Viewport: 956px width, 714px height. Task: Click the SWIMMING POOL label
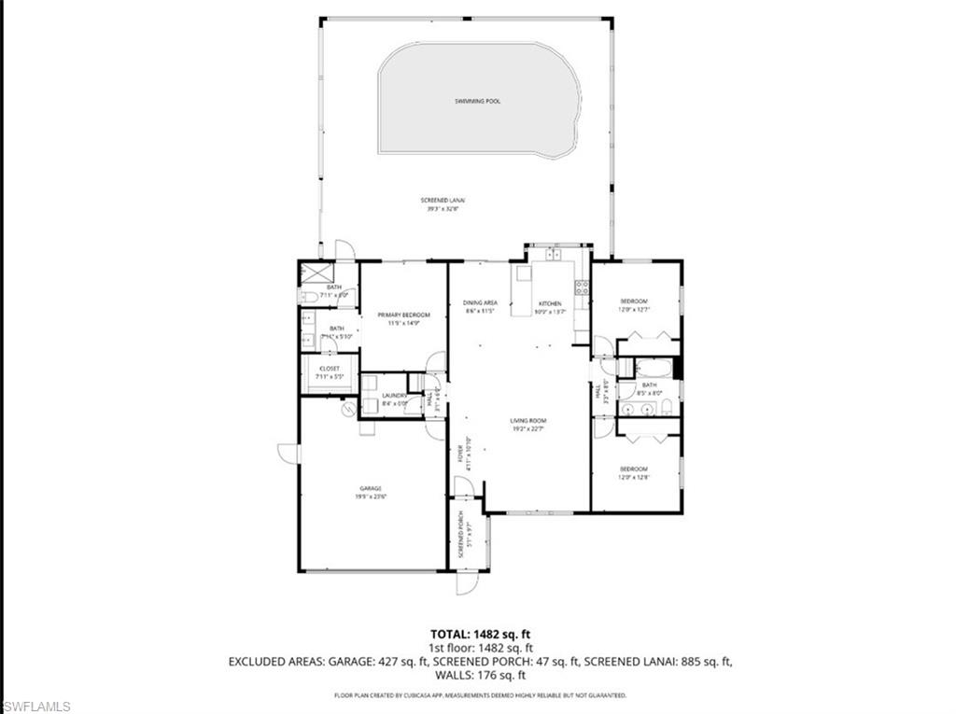point(477,101)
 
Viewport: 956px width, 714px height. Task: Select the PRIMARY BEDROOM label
point(403,315)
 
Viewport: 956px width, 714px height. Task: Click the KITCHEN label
point(548,303)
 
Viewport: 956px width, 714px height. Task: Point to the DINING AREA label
point(480,302)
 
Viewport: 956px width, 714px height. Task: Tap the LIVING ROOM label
point(527,421)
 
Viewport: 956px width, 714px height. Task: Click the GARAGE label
point(372,488)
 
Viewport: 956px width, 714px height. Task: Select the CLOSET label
point(330,369)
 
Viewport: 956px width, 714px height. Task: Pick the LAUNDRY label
point(394,396)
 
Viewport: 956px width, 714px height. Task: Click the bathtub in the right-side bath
point(652,366)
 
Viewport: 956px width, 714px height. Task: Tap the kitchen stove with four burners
point(581,287)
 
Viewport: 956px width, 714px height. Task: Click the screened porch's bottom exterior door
point(464,581)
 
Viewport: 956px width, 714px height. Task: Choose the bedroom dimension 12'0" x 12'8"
point(634,477)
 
